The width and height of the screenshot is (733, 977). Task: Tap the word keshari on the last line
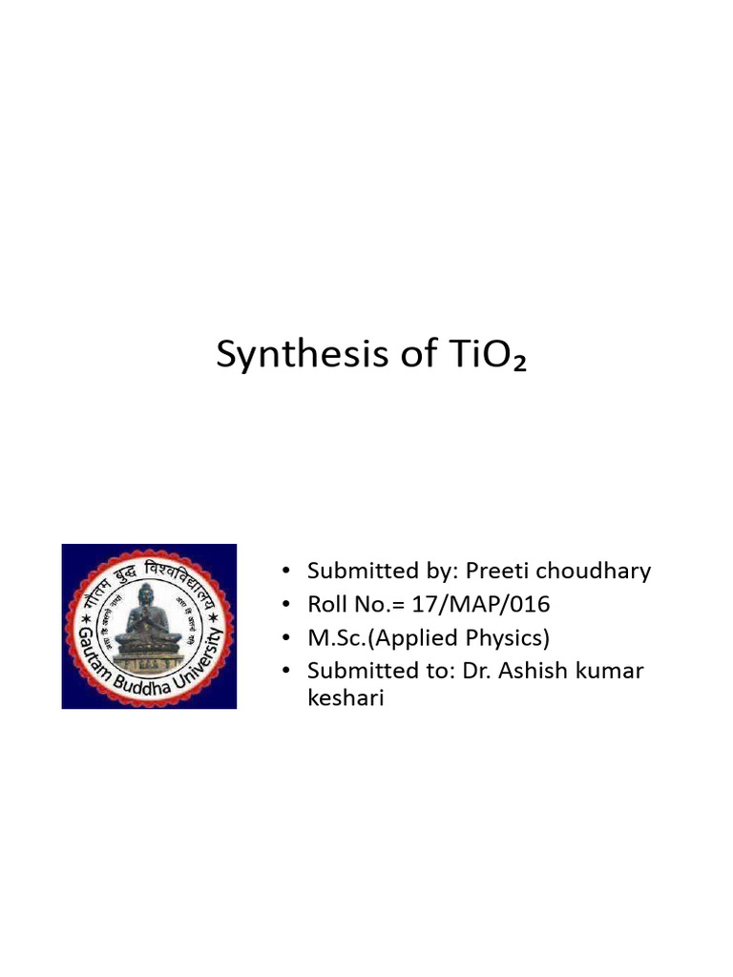click(345, 699)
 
